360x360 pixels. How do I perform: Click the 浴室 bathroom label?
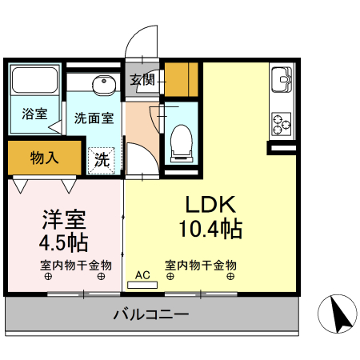(x=34, y=114)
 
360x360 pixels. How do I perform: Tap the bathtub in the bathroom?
(x=34, y=81)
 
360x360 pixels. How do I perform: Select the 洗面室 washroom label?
(x=94, y=118)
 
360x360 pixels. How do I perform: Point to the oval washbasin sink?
(x=102, y=84)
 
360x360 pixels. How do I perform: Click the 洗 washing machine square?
(x=102, y=158)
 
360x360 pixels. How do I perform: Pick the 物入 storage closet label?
(x=44, y=157)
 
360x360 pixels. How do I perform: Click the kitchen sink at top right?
(x=282, y=82)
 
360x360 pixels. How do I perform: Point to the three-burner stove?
(x=282, y=122)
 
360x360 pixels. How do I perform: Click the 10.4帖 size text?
(x=210, y=229)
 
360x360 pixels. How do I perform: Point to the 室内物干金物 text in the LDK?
(x=201, y=265)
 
